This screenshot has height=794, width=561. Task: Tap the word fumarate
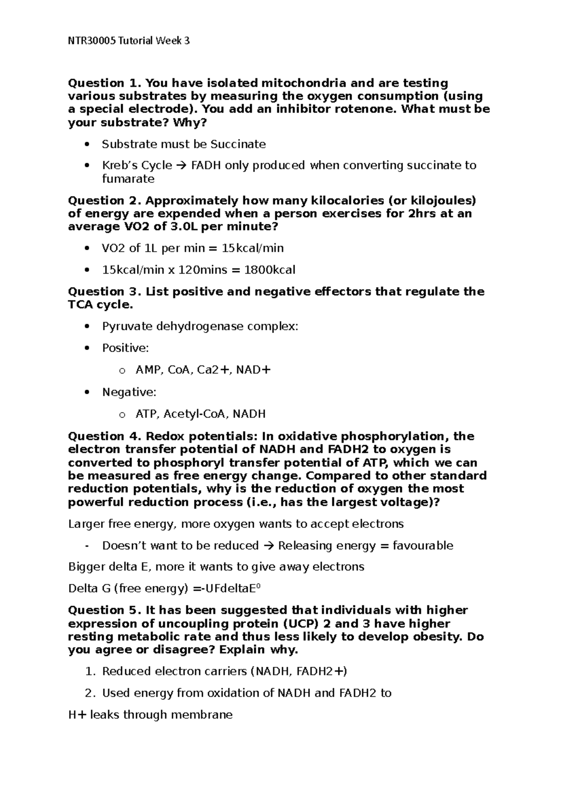coord(128,179)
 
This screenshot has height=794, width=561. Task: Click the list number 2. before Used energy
coord(90,693)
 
